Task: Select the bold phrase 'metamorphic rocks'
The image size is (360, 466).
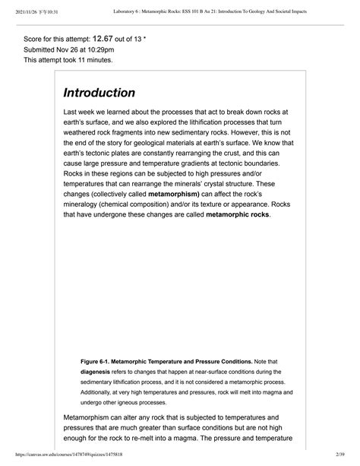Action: click(229, 215)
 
